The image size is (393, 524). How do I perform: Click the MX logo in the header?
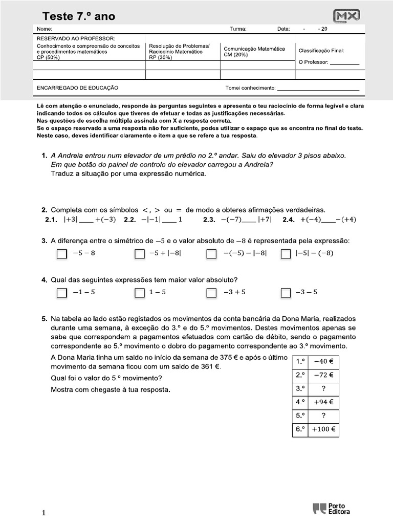point(346,16)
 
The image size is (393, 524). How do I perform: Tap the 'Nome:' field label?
point(45,29)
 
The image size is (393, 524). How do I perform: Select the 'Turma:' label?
point(238,29)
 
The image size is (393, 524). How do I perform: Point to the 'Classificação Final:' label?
point(321,51)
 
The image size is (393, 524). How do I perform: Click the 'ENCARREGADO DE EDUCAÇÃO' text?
point(77,88)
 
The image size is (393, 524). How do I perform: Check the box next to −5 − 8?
point(61,254)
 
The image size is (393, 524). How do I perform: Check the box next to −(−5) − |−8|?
point(211,254)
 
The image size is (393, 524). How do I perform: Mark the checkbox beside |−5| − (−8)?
point(286,254)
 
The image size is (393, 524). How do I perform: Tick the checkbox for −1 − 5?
point(61,293)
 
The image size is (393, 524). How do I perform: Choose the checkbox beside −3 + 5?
point(211,293)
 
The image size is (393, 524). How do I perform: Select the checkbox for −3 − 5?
point(286,293)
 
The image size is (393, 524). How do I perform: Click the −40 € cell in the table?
point(323,362)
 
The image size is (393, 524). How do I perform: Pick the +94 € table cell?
point(323,402)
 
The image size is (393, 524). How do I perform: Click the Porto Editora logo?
point(332,508)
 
